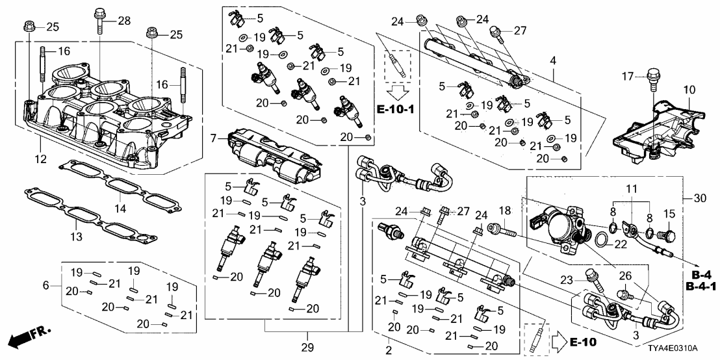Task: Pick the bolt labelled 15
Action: [x=667, y=233]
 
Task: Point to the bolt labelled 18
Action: [x=502, y=229]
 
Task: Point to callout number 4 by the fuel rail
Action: [x=553, y=61]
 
